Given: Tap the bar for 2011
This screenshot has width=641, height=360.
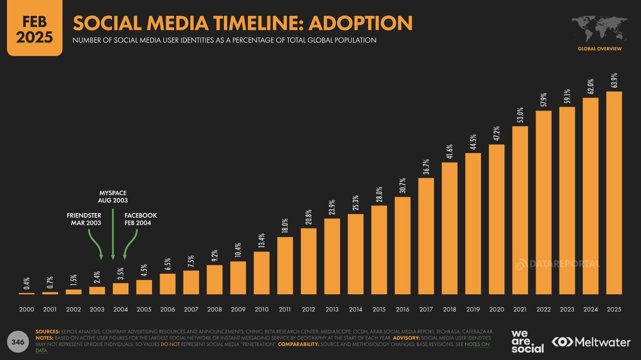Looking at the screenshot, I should click(x=285, y=265).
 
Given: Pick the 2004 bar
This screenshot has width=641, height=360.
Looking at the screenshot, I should click(x=120, y=289).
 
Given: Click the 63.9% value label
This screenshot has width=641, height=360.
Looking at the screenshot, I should click(x=614, y=81).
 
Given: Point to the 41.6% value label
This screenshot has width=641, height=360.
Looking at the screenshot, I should click(x=449, y=152).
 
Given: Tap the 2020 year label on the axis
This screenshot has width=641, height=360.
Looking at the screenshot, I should click(x=496, y=309).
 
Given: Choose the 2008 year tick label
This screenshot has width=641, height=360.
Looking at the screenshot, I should click(x=215, y=309).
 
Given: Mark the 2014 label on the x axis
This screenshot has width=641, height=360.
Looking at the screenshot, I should click(x=355, y=309).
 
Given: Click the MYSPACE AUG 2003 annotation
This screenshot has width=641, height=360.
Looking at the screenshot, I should click(x=112, y=196).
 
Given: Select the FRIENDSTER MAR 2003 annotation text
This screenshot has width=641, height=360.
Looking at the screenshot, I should click(x=84, y=219).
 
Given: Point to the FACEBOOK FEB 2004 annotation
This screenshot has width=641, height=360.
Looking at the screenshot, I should click(x=140, y=219).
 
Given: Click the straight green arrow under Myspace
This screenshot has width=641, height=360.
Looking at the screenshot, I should click(x=113, y=233).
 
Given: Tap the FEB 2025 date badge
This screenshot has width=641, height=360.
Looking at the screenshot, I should click(x=35, y=29).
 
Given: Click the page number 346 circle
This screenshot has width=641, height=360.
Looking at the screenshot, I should click(x=18, y=342).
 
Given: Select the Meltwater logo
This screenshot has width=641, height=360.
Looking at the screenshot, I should click(x=591, y=342).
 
